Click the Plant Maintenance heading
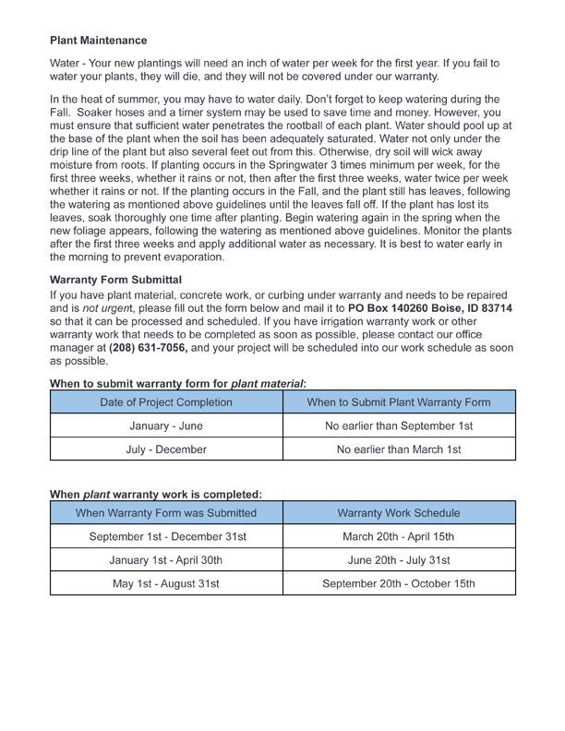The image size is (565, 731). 98,41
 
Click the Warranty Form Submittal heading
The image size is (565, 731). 115,279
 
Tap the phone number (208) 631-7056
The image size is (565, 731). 149,348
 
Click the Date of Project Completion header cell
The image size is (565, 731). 166,402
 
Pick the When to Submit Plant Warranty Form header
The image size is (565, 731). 399,402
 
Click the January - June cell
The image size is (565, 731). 166,426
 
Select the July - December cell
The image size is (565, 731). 166,450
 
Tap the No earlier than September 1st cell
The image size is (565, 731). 399,426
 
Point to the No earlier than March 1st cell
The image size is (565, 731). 399,450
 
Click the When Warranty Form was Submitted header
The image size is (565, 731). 166,513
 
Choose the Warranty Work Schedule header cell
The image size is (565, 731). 399,513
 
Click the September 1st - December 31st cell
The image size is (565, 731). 166,537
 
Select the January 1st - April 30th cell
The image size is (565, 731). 166,560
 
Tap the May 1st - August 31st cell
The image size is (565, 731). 166,584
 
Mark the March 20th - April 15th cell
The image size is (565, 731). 399,537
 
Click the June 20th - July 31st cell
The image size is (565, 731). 399,560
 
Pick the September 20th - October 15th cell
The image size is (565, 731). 399,584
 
